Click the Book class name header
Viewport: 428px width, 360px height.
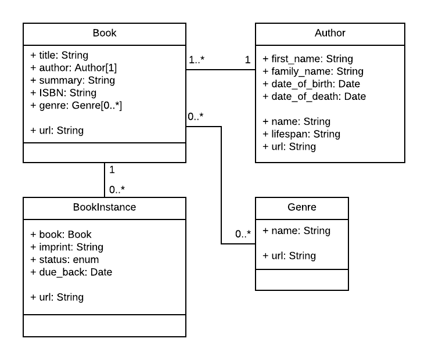pyautogui.click(x=105, y=33)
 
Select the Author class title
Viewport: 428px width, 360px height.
pyautogui.click(x=330, y=33)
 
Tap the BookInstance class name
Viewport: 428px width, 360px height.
pyautogui.click(x=105, y=207)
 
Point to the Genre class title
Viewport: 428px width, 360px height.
pyautogui.click(x=302, y=207)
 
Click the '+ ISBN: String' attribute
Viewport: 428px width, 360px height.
pyautogui.click(x=63, y=93)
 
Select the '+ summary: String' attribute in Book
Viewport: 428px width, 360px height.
pyautogui.click(x=73, y=80)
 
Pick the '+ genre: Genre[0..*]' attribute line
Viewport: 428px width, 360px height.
pyautogui.click(x=76, y=105)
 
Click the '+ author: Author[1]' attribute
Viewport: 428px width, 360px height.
pyautogui.click(x=74, y=68)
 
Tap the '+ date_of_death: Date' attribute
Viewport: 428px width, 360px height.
pyautogui.click(x=314, y=96)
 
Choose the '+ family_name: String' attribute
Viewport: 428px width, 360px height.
pyautogui.click(x=313, y=71)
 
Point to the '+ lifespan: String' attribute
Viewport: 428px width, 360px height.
pyautogui.click(x=301, y=134)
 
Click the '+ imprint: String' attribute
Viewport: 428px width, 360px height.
pyautogui.click(x=67, y=247)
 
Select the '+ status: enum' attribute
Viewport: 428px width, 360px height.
pyautogui.click(x=64, y=260)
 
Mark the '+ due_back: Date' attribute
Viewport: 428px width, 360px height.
pyautogui.click(x=71, y=272)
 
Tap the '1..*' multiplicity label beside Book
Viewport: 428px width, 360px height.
pyautogui.click(x=197, y=60)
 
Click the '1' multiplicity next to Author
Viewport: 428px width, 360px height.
pyautogui.click(x=247, y=60)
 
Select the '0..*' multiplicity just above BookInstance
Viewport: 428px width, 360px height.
pyautogui.click(x=117, y=189)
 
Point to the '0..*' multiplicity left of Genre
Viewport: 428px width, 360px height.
pyautogui.click(x=243, y=235)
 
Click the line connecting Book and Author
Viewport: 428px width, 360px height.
pyautogui.click(x=221, y=70)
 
